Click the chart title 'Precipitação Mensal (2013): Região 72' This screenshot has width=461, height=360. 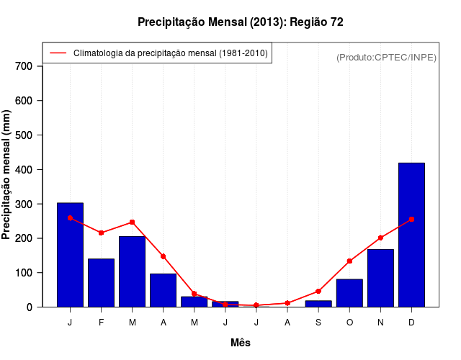[x=241, y=22]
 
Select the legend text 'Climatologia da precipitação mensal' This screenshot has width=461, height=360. [x=171, y=53]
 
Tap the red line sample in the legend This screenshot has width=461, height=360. [x=58, y=53]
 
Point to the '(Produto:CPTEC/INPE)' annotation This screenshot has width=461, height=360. [x=387, y=57]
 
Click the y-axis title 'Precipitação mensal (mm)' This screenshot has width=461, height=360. [x=7, y=174]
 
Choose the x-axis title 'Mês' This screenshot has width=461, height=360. [x=241, y=343]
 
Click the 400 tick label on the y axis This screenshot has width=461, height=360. [x=24, y=170]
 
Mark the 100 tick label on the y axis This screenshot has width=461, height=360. [x=24, y=273]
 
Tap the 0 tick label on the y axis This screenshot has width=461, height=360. [x=30, y=307]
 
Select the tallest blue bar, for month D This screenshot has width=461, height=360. [x=411, y=235]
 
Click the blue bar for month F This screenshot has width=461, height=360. [x=101, y=282]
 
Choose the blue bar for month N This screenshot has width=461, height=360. [x=380, y=278]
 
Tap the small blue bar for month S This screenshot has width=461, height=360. [x=318, y=304]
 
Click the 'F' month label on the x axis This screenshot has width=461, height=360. [x=101, y=322]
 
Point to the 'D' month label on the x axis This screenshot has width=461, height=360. [x=411, y=322]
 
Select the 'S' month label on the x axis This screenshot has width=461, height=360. [x=318, y=322]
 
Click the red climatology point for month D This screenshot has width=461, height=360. [x=411, y=219]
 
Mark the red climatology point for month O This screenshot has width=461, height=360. [x=349, y=261]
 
